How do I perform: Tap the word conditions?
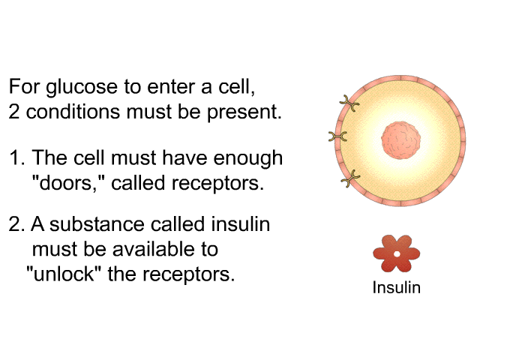click(x=70, y=113)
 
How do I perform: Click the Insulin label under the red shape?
click(x=396, y=287)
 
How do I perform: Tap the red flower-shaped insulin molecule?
click(x=396, y=253)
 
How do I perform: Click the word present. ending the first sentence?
click(x=253, y=113)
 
